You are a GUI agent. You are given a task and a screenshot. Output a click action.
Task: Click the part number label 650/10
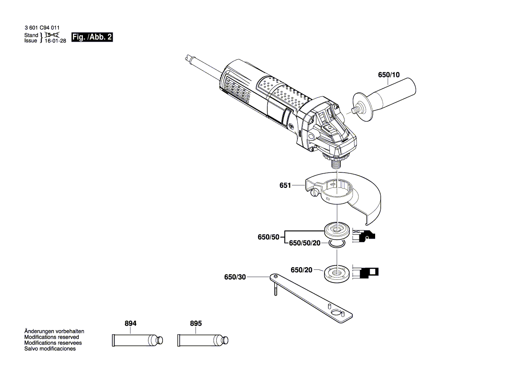point(389,75)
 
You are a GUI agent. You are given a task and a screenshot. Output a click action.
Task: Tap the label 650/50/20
point(304,243)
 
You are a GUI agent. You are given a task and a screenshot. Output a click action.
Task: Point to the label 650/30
point(234,277)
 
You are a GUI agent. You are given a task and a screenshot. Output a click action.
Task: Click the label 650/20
point(301,270)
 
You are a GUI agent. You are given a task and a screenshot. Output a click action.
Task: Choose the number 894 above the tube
point(130,324)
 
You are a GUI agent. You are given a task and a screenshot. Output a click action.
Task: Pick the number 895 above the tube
point(195,324)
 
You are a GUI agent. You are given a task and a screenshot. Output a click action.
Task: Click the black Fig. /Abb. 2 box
point(92,38)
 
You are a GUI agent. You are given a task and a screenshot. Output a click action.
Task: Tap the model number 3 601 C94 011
point(42,28)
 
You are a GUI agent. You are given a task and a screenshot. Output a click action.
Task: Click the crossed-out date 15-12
point(52,35)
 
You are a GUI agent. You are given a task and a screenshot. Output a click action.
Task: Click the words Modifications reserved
point(52,337)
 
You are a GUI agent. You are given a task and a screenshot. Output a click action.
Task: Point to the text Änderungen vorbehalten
point(54,331)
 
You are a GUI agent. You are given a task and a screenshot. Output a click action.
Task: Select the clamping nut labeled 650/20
point(337,273)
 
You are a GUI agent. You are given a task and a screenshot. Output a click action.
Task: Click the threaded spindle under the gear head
point(336,164)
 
